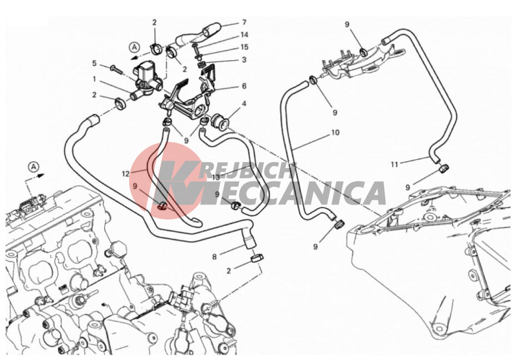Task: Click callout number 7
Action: tap(244, 22)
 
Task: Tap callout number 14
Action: tap(244, 35)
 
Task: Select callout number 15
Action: tap(244, 47)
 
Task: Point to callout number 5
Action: tap(94, 63)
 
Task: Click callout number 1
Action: tap(94, 79)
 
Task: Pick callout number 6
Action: tap(244, 86)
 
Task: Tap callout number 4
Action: tap(244, 104)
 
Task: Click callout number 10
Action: tap(335, 133)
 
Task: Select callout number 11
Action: tap(394, 164)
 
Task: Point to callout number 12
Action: tap(126, 173)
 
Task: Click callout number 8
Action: tap(214, 257)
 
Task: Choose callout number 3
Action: tap(244, 60)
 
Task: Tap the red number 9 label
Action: tap(135, 186)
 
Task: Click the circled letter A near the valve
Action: tap(134, 47)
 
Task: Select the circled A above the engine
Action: tap(34, 167)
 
